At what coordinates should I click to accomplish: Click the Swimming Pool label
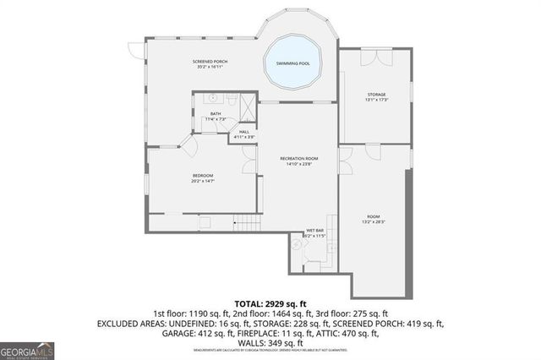point(292,63)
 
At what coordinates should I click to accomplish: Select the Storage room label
point(376,94)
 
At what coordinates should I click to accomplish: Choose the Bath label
point(216,114)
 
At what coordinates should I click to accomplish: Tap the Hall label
point(243,131)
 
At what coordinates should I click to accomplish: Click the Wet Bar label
point(315,229)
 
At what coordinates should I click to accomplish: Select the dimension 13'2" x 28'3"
point(374,222)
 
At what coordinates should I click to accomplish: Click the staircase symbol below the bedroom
point(244,223)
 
